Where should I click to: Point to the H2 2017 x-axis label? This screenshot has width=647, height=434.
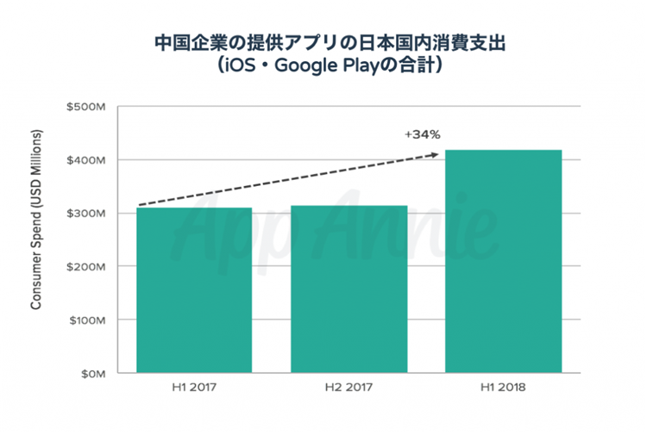coord(349,387)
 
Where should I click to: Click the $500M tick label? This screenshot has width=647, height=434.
coord(85,107)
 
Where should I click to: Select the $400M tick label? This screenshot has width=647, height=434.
coord(85,160)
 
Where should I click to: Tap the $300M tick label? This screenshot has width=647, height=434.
coord(85,214)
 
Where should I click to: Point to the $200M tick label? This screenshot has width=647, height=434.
coord(85,267)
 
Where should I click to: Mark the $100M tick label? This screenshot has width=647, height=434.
coord(85,320)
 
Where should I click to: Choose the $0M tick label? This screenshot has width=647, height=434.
coord(91,374)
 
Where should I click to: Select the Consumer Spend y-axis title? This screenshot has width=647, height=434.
coord(37,220)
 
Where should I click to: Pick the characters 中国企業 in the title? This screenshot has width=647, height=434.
coord(185,41)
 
